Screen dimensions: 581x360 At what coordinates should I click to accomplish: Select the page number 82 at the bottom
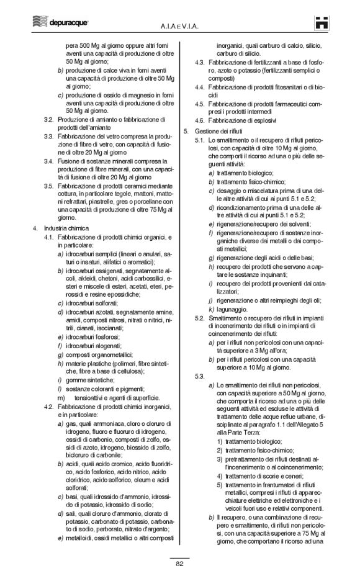tap(180, 563)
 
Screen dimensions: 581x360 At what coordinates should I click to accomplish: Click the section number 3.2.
tap(47, 119)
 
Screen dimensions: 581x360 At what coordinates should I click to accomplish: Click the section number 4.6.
tap(200, 120)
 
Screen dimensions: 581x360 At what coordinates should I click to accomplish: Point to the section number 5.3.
tap(200, 377)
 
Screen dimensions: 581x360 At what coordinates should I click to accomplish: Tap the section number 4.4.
tap(200, 87)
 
